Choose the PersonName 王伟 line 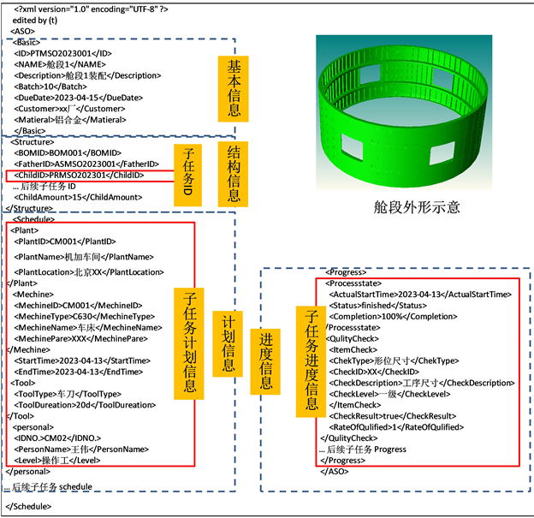(82, 448)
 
